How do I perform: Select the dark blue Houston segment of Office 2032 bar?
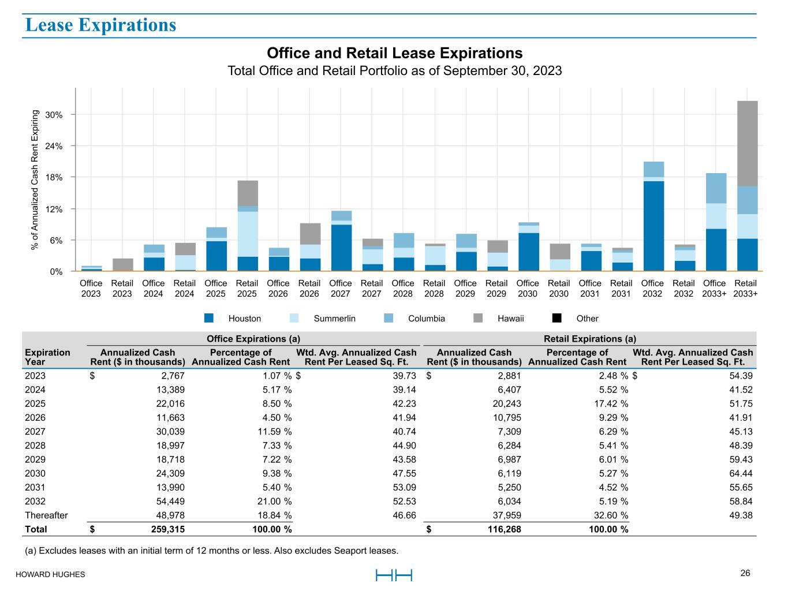click(653, 226)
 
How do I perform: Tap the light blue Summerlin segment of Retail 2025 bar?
click(247, 234)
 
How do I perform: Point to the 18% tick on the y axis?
click(54, 177)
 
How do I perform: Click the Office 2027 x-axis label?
click(340, 288)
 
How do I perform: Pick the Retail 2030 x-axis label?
click(558, 288)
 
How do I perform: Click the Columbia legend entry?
click(426, 319)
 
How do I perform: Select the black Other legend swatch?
click(557, 319)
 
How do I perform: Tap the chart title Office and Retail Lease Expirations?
click(394, 53)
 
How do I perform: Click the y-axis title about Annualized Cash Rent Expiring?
click(35, 180)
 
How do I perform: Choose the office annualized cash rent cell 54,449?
click(167, 502)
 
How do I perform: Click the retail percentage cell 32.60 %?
click(607, 515)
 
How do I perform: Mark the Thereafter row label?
click(46, 515)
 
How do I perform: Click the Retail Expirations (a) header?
click(589, 339)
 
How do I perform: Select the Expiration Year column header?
click(47, 357)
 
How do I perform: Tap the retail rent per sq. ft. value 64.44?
click(741, 474)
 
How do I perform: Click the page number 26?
click(745, 573)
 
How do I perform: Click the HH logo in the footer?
click(394, 575)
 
